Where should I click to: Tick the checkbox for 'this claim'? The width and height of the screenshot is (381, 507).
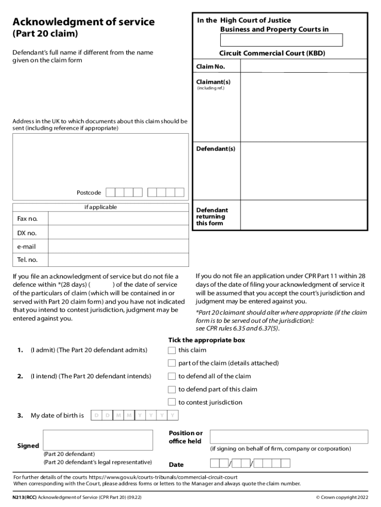172,351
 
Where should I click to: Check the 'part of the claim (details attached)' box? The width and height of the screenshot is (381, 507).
172,363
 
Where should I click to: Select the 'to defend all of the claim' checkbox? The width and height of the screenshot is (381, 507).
172,376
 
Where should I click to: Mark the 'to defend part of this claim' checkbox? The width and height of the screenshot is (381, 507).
172,390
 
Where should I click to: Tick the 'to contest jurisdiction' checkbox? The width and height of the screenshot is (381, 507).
172,403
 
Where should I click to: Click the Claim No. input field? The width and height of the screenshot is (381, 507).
303,66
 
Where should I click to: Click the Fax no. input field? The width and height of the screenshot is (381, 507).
118,219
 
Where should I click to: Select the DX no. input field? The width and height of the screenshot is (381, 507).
118,233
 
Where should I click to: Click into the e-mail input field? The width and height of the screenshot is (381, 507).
118,247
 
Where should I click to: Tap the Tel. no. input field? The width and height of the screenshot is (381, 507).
118,260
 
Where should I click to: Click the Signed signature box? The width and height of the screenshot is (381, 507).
98,440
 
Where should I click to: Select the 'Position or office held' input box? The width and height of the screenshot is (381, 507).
289,437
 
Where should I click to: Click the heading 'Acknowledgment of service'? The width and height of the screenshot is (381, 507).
84,22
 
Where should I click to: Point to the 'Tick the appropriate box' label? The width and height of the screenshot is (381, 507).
206,340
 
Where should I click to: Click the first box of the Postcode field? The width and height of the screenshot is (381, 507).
111,193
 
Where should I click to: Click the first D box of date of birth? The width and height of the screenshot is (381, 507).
96,415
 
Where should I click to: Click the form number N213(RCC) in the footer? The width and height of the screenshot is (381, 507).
25,497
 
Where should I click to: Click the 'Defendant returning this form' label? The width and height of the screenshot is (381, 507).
212,217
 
